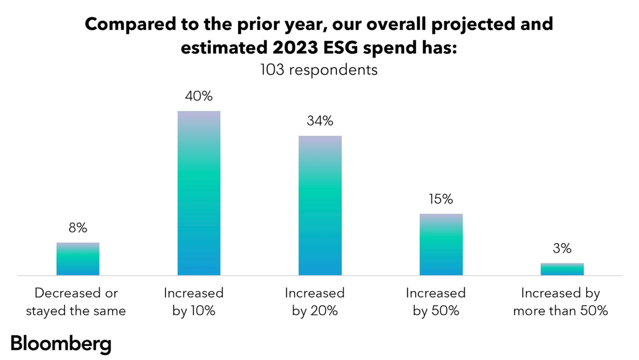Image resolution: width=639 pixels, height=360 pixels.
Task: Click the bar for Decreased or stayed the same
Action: tap(78, 259)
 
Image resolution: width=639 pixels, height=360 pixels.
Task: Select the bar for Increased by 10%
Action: tap(199, 193)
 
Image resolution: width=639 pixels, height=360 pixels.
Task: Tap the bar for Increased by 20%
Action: tap(320, 206)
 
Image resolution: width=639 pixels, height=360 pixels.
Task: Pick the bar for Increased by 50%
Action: tap(441, 245)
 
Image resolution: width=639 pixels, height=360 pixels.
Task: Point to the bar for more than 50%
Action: tap(562, 269)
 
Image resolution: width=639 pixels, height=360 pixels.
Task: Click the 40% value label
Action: tap(199, 96)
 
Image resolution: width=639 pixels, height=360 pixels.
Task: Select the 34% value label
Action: tap(320, 121)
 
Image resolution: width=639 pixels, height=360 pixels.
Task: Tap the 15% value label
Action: tap(441, 199)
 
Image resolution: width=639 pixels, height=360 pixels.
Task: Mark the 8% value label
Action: tap(78, 228)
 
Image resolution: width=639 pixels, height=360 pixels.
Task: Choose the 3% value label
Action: tap(562, 249)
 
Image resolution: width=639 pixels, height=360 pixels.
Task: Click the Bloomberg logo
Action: tap(60, 344)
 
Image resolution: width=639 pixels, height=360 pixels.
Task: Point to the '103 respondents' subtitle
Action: tap(319, 70)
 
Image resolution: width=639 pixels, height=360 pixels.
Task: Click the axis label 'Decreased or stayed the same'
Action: tap(76, 302)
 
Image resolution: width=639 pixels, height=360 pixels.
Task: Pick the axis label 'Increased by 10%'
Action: tap(194, 302)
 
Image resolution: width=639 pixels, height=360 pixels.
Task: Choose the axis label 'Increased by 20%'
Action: tap(315, 302)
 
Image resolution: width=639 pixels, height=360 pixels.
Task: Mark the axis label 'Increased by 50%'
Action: tap(436, 302)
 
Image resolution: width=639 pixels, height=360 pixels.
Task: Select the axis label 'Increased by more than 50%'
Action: tap(560, 302)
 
